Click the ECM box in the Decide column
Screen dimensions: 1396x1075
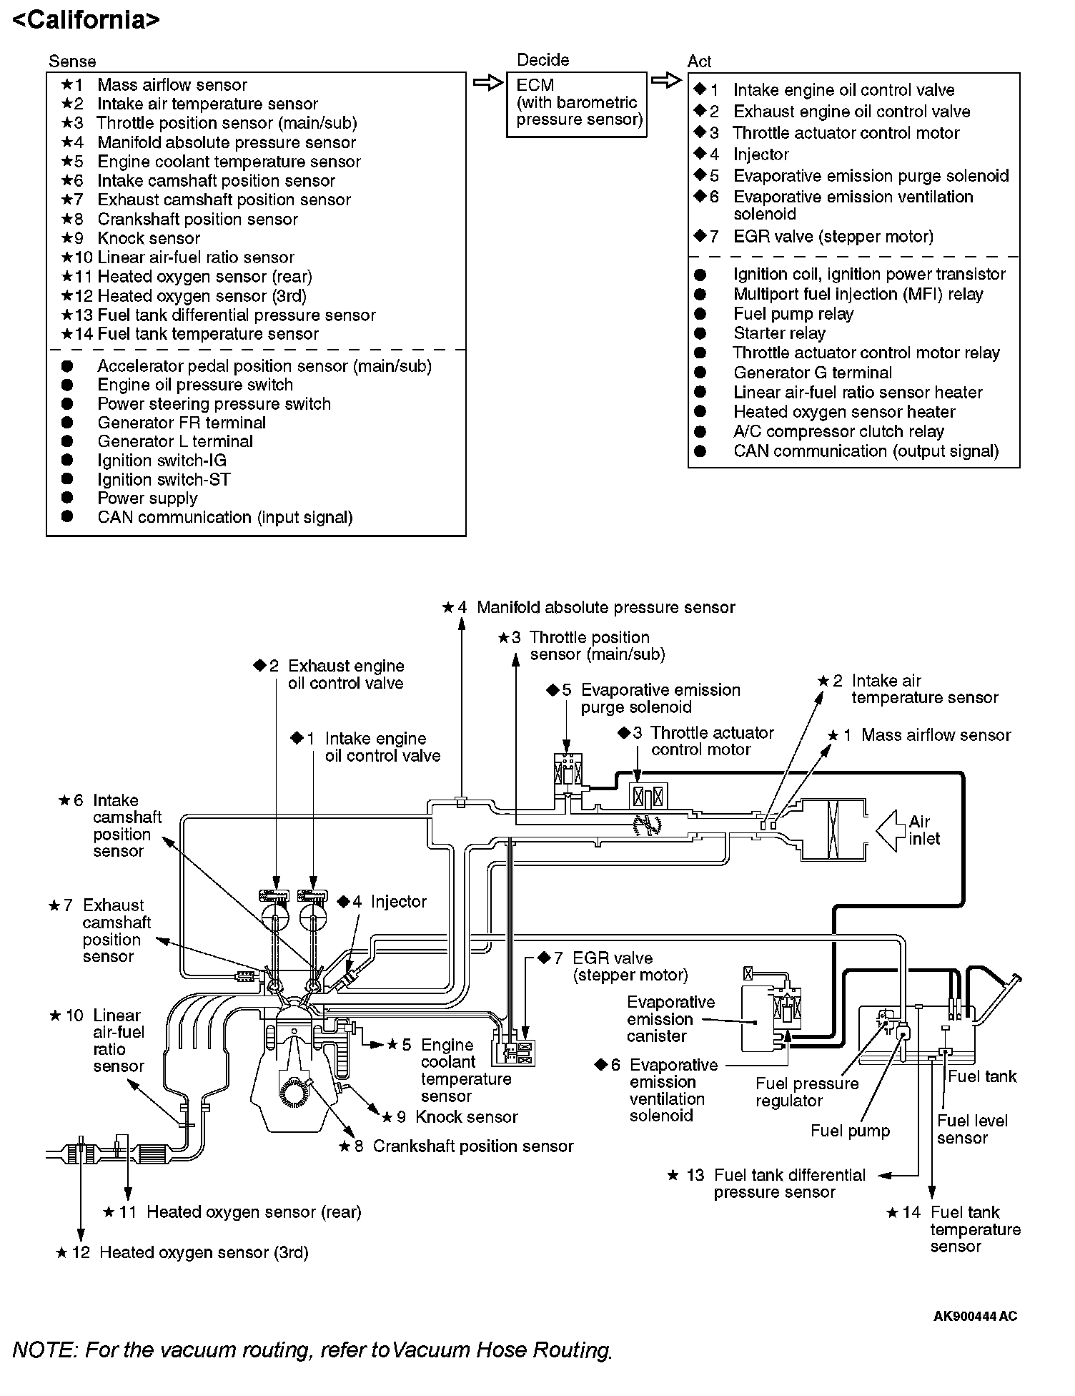tap(576, 103)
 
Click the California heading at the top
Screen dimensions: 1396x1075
tap(86, 19)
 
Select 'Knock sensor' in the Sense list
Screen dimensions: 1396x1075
tap(149, 238)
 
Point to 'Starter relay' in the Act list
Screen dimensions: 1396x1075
tap(779, 333)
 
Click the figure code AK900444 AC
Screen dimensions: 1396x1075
tap(975, 1316)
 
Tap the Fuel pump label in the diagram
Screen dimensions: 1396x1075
tap(850, 1131)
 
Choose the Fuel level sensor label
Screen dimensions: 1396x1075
tap(972, 1129)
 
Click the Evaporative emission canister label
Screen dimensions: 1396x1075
tap(670, 1019)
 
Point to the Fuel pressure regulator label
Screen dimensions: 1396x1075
tap(807, 1092)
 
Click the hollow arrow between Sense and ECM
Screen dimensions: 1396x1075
tap(489, 84)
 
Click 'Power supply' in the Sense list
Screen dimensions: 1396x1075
tap(147, 498)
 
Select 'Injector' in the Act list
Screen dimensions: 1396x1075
tap(761, 154)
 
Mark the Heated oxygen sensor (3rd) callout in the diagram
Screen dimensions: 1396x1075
tap(204, 1252)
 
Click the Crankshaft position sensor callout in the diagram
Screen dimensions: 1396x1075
tap(472, 1146)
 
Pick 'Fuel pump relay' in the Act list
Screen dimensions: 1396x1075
tap(793, 314)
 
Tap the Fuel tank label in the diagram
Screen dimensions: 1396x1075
tap(981, 1076)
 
